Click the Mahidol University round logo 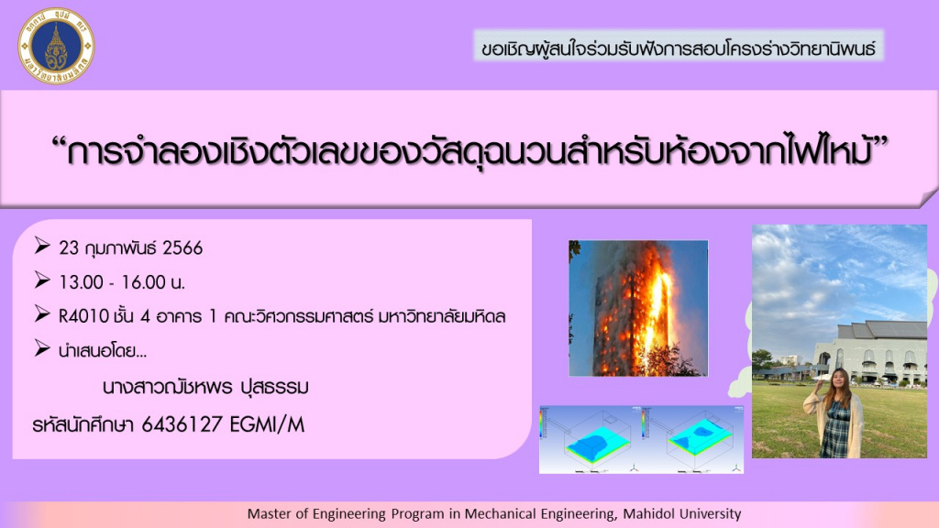click(56, 46)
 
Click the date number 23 click(68, 247)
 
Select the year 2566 click(182, 247)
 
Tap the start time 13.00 click(81, 282)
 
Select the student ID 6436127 click(182, 424)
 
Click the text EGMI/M click(267, 424)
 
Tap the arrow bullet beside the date click(42, 246)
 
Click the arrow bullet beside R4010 click(42, 313)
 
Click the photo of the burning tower click(638, 308)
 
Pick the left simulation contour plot click(590, 440)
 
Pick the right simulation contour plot click(692, 440)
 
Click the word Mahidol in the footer click(650, 513)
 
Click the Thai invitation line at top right click(679, 48)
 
